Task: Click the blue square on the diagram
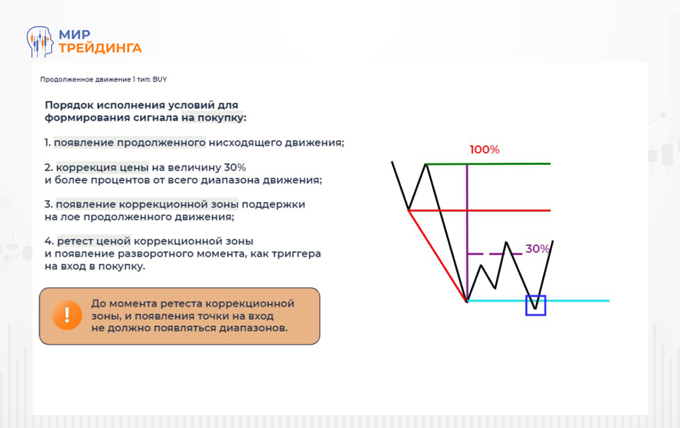[x=536, y=306]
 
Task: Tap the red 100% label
[x=484, y=150]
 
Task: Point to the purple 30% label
[x=537, y=249]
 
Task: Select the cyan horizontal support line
[x=575, y=301]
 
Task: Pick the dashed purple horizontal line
[x=494, y=254]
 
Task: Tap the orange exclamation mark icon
[x=67, y=316]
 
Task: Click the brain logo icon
[x=40, y=42]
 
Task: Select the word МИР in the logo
[x=75, y=35]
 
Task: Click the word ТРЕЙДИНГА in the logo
[x=100, y=48]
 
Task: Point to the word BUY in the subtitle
[x=160, y=80]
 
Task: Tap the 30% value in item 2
[x=235, y=167]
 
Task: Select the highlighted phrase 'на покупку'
[x=213, y=118]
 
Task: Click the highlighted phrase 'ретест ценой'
[x=94, y=242]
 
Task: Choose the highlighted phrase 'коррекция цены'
[x=103, y=167]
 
